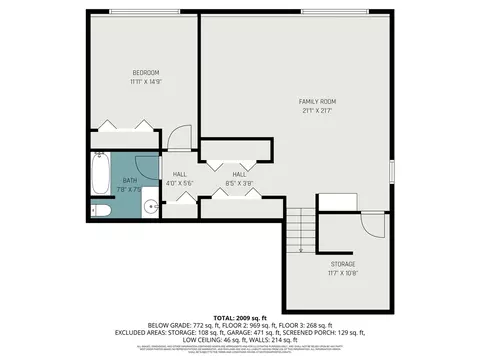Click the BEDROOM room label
pyautogui.click(x=146, y=73)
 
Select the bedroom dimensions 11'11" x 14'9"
pyautogui.click(x=146, y=83)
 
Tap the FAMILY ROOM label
pyautogui.click(x=318, y=102)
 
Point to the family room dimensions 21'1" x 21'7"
pyautogui.click(x=318, y=112)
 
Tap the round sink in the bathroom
pyautogui.click(x=149, y=207)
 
